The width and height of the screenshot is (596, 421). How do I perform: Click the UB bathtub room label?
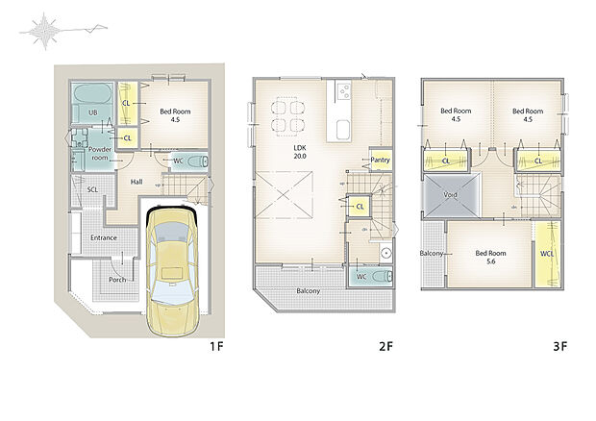point(93,112)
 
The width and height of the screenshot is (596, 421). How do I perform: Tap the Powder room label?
point(100,154)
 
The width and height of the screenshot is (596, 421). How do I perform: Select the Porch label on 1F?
point(117,280)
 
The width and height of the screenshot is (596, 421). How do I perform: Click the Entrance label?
point(104,237)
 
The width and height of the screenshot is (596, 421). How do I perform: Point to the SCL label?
point(92,190)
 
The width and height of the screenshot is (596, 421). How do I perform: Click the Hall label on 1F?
point(137,181)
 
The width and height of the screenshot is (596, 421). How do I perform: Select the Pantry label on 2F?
point(379,161)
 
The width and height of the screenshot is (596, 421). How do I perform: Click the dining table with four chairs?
point(287,115)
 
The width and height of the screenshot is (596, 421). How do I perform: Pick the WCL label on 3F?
point(548,254)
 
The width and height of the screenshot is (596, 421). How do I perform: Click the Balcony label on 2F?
point(308,290)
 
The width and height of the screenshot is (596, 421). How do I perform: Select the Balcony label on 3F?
point(432,254)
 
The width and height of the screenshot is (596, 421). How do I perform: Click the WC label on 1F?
point(178,160)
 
